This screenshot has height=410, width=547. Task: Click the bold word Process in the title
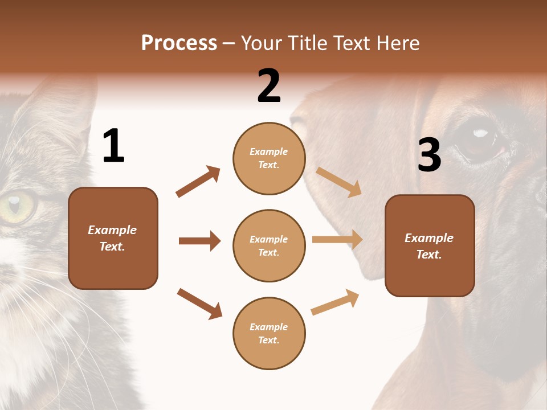(179, 43)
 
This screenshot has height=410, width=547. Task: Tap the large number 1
(113, 146)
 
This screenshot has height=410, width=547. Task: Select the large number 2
(269, 86)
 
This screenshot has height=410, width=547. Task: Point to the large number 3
(429, 155)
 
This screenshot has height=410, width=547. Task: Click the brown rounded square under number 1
(113, 238)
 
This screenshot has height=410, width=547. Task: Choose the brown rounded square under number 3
(430, 246)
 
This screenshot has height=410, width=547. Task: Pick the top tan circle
(269, 158)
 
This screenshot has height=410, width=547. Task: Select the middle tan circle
(269, 246)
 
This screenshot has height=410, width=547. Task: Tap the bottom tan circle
(269, 334)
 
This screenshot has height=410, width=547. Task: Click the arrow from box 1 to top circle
(198, 182)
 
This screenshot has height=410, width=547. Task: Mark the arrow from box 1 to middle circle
(199, 241)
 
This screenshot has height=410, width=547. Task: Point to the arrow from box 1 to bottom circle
(199, 304)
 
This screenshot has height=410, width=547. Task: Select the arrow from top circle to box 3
(338, 182)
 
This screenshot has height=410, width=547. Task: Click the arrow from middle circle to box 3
(337, 240)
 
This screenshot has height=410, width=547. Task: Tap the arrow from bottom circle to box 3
(335, 302)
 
